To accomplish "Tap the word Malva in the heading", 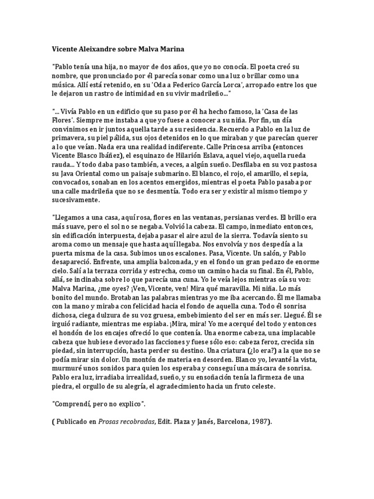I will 149,49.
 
